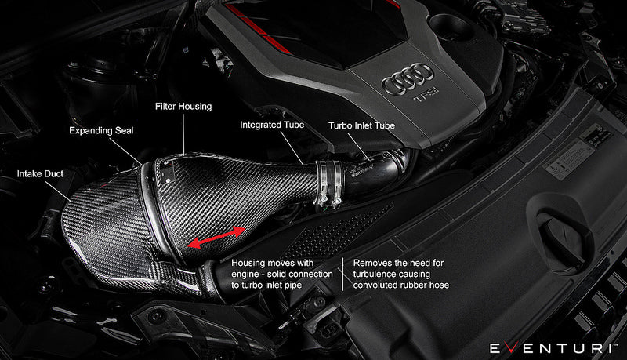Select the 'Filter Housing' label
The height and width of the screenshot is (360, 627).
coord(185,106)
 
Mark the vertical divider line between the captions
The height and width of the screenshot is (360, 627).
coord(342,275)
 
